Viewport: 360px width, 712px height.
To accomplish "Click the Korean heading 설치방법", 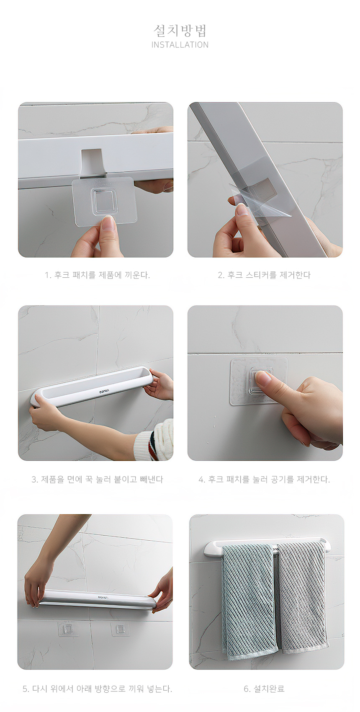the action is (180, 31).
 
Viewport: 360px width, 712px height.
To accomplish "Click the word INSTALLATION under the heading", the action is (180, 45).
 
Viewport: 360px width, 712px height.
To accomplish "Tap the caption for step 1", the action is (97, 275).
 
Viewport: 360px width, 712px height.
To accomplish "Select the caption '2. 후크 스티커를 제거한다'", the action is (264, 275).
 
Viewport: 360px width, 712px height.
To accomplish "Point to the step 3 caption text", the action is (97, 479).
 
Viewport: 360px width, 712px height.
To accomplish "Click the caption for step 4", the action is (264, 479).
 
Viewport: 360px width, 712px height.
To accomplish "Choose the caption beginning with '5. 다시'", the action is (97, 689).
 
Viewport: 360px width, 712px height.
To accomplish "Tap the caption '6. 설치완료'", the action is (264, 689).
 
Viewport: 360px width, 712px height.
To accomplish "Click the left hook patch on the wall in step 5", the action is (68, 629).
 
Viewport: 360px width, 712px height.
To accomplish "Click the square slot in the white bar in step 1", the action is (92, 162).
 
